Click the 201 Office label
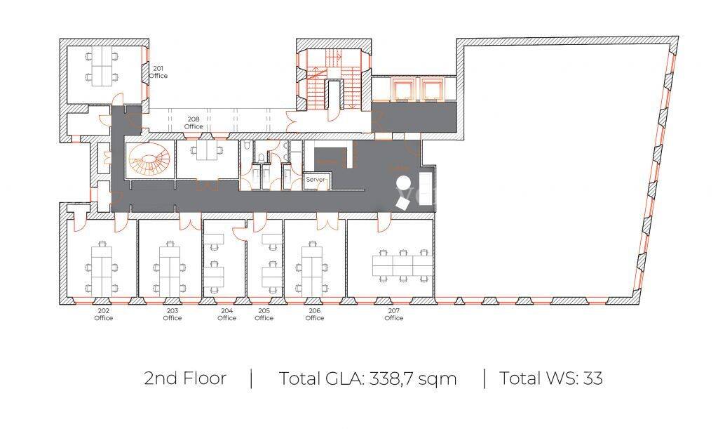pos(158,72)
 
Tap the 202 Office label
pos(104,315)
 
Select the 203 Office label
pos(172,315)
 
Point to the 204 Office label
pos(226,315)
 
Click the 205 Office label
pos(264,315)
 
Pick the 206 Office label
pos(315,315)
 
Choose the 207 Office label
pos(394,315)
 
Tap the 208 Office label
pos(194,123)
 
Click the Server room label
pos(315,179)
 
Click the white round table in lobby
pos(403,183)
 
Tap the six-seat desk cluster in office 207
pos(402,265)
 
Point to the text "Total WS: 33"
pos(550,378)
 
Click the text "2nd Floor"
pos(185,378)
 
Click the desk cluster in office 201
pos(102,67)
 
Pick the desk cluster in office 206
pos(312,270)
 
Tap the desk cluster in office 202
pos(102,270)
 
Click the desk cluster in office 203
pos(170,270)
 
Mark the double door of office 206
pos(327,222)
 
